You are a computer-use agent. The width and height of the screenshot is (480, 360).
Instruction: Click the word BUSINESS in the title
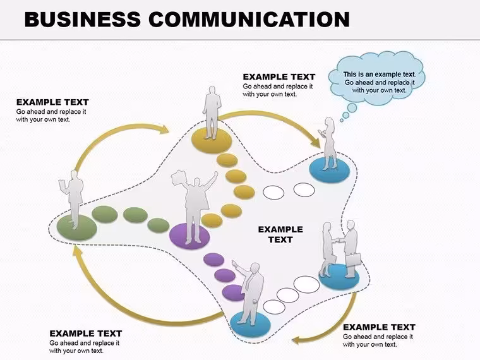click(x=82, y=20)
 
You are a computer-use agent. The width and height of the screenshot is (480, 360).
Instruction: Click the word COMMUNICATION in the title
click(x=249, y=20)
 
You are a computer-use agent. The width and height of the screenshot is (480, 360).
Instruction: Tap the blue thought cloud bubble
click(x=376, y=79)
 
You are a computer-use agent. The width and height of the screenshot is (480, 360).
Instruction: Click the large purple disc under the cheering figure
click(x=190, y=236)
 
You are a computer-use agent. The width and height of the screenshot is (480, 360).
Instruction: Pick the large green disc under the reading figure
click(x=77, y=227)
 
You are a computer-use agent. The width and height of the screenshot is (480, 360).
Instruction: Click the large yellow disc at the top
click(x=212, y=140)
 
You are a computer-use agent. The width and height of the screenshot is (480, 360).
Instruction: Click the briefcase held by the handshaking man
click(x=353, y=260)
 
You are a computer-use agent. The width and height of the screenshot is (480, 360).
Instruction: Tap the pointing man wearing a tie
click(x=249, y=292)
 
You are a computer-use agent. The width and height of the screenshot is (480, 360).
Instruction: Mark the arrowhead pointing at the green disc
click(x=78, y=250)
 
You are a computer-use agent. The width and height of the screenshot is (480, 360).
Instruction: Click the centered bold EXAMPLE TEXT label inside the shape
click(x=280, y=234)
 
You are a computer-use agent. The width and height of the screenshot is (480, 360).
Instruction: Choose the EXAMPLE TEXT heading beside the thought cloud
click(x=279, y=77)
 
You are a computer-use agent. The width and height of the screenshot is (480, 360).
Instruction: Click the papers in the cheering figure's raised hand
click(x=179, y=177)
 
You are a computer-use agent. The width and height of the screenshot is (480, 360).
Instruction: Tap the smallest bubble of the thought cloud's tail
click(x=342, y=121)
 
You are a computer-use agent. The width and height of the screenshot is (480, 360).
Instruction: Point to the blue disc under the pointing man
click(x=250, y=323)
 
